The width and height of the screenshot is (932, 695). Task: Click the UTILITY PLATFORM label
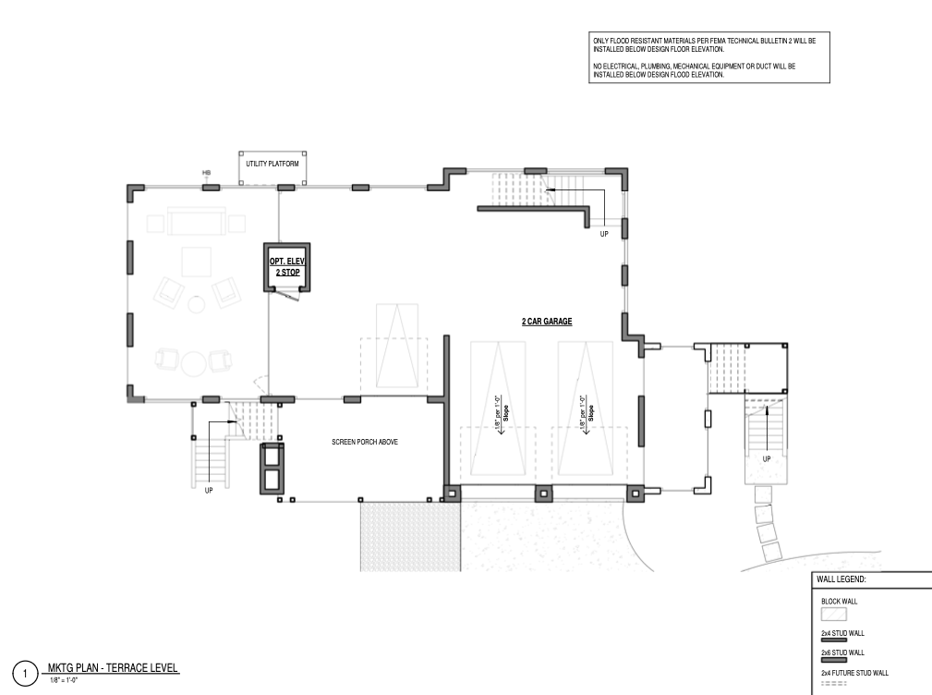point(273,164)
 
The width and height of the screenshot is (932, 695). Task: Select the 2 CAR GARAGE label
point(547,322)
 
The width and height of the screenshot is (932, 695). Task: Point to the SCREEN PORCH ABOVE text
point(365,443)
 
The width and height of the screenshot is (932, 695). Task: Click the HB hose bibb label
point(206,173)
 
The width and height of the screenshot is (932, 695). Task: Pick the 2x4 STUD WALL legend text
point(841,633)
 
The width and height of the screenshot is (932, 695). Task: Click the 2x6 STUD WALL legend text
point(841,652)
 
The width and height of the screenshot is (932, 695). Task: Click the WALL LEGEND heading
point(841,579)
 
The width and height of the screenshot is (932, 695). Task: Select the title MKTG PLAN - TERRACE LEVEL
point(113,667)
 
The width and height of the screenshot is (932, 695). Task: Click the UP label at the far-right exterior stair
point(767,458)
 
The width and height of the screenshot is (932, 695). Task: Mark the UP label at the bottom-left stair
point(209,490)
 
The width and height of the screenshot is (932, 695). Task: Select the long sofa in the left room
point(196,223)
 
